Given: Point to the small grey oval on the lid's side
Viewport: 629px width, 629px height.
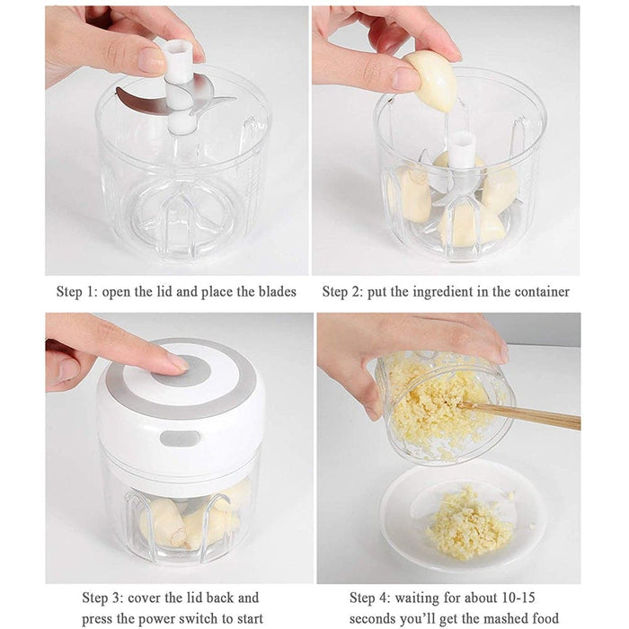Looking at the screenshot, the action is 180,439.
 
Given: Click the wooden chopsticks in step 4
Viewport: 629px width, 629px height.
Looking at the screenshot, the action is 519,414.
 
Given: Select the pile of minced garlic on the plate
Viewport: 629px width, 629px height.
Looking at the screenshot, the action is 470,524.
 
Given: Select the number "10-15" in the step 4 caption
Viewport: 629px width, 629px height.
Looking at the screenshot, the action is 518,598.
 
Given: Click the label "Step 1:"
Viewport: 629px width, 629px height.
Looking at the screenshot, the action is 77,292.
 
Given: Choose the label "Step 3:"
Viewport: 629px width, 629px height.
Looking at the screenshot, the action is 102,598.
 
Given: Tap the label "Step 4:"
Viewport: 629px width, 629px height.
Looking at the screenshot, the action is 370,598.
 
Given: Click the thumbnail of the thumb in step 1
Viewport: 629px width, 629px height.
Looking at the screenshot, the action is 152,60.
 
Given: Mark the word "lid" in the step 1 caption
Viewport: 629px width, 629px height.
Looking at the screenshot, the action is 164,292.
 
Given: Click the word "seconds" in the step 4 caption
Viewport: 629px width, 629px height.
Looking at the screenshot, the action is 375,618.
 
